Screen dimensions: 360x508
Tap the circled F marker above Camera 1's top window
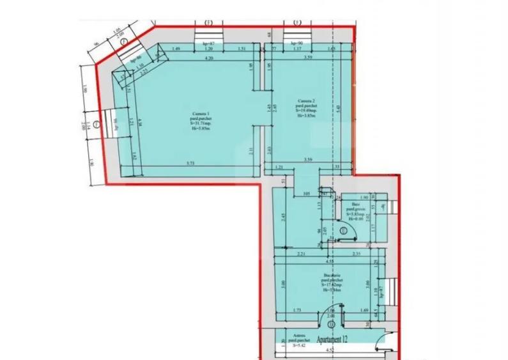207,22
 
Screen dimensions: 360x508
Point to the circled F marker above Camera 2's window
296,22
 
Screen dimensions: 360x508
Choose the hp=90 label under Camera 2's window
295,41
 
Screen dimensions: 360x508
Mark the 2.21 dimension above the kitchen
302,254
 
